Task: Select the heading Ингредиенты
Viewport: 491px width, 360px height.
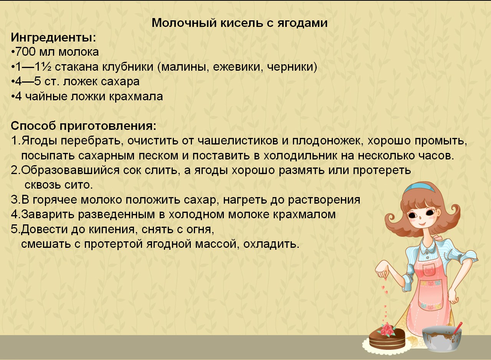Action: click(x=53, y=38)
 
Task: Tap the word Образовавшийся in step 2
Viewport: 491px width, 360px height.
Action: click(x=65, y=170)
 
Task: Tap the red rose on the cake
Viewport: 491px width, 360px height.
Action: click(x=388, y=328)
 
